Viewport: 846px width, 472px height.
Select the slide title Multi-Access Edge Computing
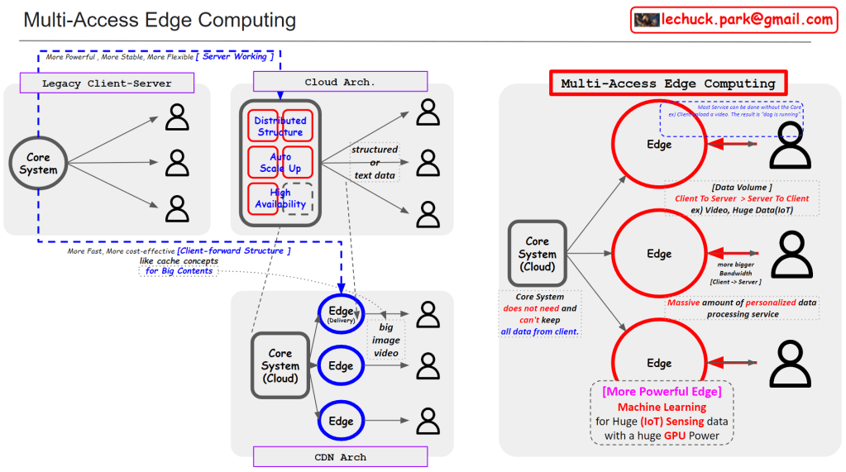[x=160, y=20]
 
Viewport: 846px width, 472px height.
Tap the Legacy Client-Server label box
[x=107, y=83]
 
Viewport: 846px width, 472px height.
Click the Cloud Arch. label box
[x=340, y=82]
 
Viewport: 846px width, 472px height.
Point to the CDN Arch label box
[x=340, y=456]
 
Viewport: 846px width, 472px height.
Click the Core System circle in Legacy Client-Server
[x=38, y=163]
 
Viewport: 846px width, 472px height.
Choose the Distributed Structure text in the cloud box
[x=280, y=126]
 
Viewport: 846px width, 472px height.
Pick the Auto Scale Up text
[x=280, y=162]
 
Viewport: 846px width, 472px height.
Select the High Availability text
[x=280, y=198]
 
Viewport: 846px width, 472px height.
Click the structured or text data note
[x=375, y=162]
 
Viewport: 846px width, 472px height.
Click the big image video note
[x=385, y=340]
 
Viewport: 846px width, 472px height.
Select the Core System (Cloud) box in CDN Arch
[x=280, y=365]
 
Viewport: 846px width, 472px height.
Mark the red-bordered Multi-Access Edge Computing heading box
[x=667, y=83]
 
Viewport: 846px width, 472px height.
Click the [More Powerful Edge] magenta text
[x=662, y=391]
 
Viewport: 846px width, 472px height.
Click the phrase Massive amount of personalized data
[x=742, y=303]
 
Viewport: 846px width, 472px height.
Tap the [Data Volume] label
[x=742, y=188]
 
